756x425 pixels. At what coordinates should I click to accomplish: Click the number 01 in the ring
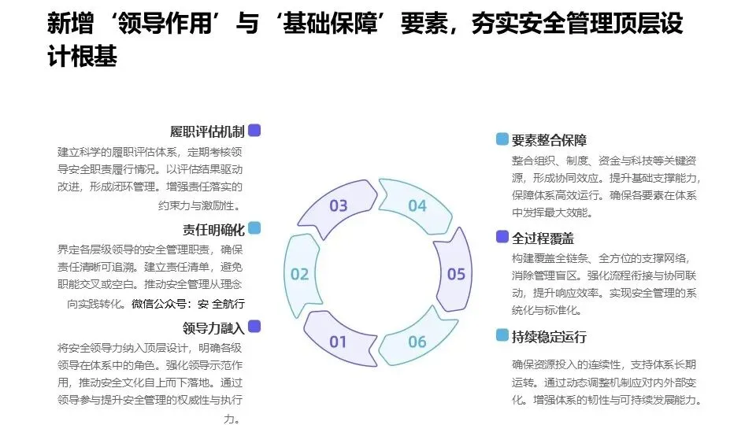(338, 342)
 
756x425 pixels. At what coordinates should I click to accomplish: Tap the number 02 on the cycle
(299, 274)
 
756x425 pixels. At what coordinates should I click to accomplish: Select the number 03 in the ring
(338, 206)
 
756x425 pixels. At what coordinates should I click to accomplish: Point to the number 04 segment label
(417, 206)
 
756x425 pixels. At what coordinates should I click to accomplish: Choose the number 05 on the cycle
(456, 274)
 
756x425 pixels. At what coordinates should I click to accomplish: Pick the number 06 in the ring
(417, 342)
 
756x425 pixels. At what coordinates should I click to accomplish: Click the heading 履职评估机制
(207, 131)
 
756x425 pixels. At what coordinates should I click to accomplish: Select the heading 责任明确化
(213, 230)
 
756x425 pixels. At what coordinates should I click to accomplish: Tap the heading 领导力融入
(213, 327)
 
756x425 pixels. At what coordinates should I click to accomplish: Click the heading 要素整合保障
(549, 141)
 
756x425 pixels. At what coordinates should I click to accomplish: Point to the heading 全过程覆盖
(543, 238)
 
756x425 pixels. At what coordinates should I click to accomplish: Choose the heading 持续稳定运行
(549, 337)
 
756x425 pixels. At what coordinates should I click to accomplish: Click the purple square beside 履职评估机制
(254, 131)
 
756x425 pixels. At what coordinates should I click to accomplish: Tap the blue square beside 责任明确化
(254, 228)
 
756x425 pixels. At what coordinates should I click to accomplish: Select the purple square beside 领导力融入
(254, 326)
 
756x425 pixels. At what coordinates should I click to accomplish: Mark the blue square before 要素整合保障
(502, 139)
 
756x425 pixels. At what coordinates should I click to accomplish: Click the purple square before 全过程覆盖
(502, 236)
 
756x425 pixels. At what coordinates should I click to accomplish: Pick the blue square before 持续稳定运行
(502, 335)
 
